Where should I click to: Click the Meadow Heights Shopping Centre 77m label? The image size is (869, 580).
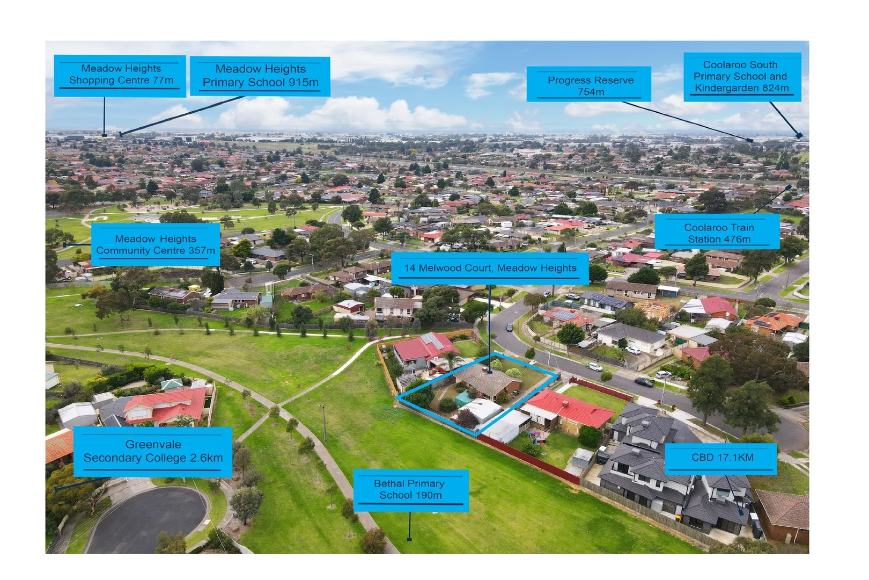point(120,75)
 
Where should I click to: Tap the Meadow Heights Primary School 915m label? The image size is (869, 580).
point(260,76)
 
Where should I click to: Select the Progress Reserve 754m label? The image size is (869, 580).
point(589,85)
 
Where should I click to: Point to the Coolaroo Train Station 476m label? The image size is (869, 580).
point(718,233)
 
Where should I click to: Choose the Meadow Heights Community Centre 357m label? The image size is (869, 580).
point(156,244)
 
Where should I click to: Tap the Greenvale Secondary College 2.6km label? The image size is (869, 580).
point(153,451)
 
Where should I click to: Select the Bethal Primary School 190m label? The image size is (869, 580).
point(410,489)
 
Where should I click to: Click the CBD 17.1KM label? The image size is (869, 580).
point(721,458)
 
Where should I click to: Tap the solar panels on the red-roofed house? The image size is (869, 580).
point(432,341)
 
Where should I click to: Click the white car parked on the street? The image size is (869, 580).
point(594,367)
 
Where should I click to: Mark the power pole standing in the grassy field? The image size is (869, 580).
point(323,422)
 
